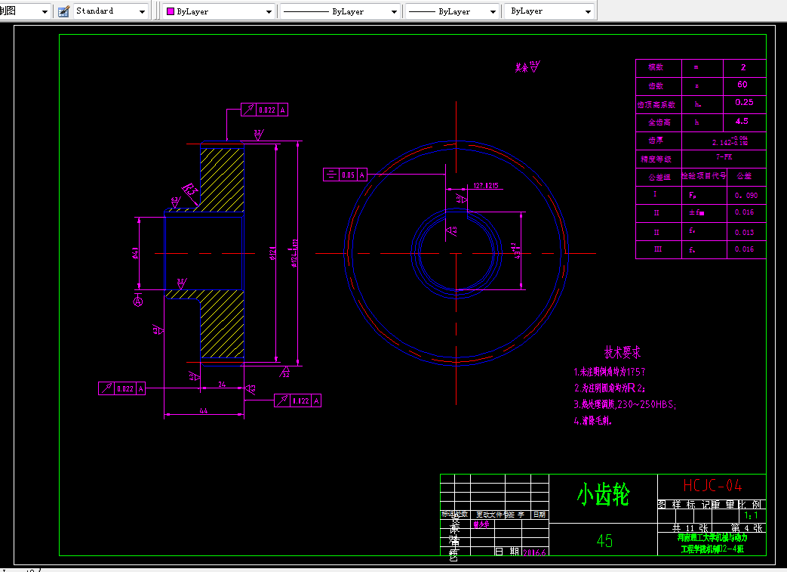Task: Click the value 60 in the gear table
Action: (x=742, y=85)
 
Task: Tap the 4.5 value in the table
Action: (x=742, y=121)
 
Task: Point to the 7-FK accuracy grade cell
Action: (x=724, y=157)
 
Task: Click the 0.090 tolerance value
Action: (x=745, y=196)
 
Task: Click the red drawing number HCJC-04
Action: (x=712, y=485)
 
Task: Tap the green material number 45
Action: (x=604, y=540)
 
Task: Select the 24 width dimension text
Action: (x=222, y=384)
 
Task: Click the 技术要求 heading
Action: (x=623, y=352)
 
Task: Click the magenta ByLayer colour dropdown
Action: (x=219, y=11)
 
